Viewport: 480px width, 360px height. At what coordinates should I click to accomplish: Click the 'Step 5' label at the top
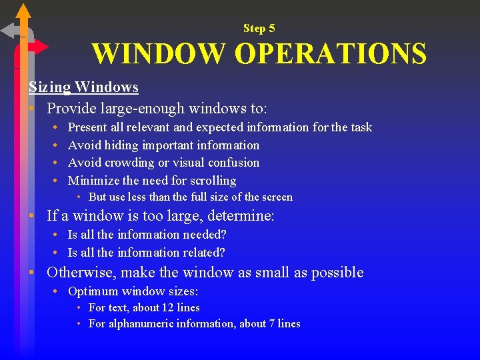259,28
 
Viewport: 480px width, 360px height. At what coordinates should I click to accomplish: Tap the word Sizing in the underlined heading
49,87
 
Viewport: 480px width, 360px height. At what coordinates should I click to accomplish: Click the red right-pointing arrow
41,46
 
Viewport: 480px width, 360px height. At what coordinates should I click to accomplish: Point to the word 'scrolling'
209,181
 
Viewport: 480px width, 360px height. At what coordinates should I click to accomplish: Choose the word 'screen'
277,197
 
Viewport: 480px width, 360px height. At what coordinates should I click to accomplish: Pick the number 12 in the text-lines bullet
169,308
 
